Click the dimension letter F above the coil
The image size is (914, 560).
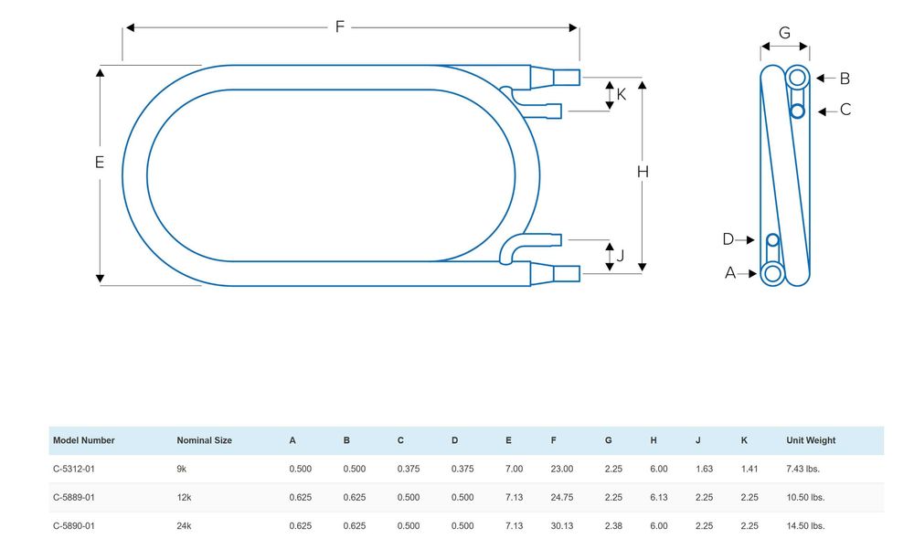pyautogui.click(x=340, y=26)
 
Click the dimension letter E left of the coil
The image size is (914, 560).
pyautogui.click(x=100, y=163)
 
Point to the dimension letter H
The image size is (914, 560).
pyautogui.click(x=643, y=172)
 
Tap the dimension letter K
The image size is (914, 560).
pyautogui.click(x=622, y=93)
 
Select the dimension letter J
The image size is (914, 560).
pyautogui.click(x=621, y=256)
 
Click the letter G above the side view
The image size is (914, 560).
pyautogui.click(x=784, y=33)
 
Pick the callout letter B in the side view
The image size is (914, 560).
pyautogui.click(x=845, y=78)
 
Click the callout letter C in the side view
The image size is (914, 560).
pyautogui.click(x=845, y=110)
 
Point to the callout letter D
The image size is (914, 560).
pyautogui.click(x=728, y=239)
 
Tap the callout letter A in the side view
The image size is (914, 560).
pyautogui.click(x=730, y=272)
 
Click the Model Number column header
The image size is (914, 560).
pyautogui.click(x=84, y=440)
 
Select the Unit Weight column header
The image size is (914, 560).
pyautogui.click(x=811, y=440)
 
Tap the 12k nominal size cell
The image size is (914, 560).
pyautogui.click(x=184, y=497)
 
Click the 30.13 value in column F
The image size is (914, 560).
pyautogui.click(x=561, y=525)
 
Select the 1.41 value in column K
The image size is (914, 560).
pyautogui.click(x=750, y=469)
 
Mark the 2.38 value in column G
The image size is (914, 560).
pyautogui.click(x=615, y=525)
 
